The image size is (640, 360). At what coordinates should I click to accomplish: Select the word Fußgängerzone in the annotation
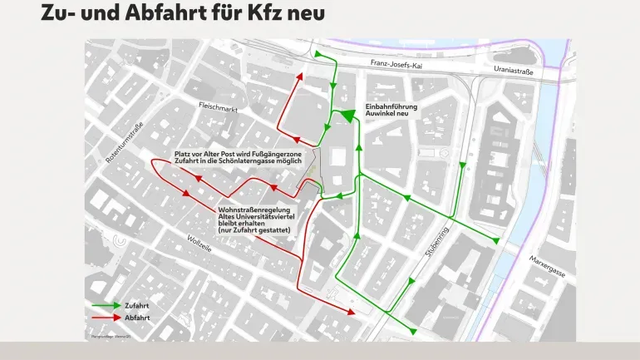287,155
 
